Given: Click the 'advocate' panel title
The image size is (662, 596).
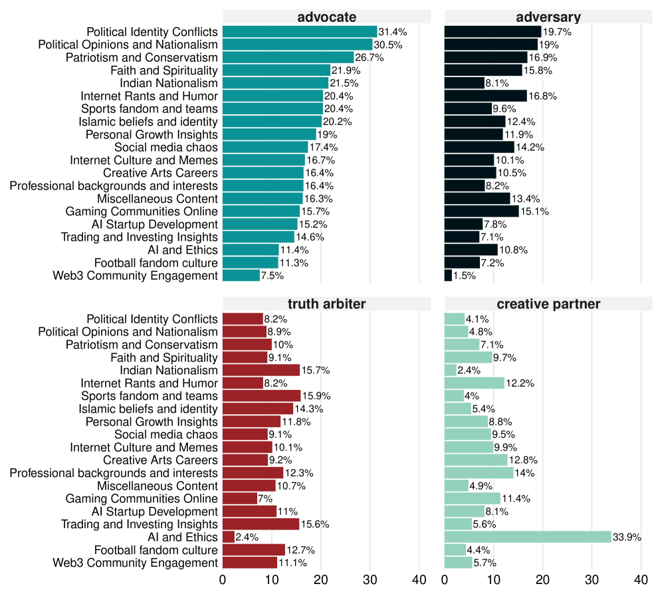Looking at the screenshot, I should [x=326, y=17].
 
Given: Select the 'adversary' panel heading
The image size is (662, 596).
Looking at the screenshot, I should [x=548, y=17].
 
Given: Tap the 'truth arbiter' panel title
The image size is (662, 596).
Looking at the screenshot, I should [x=326, y=304].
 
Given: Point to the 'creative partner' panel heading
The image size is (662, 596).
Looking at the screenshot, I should [x=548, y=304].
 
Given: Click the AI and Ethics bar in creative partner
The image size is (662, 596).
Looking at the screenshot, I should [x=528, y=537].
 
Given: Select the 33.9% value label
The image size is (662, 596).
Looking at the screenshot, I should [x=627, y=537].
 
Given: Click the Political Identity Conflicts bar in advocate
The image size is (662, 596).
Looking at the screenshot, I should [x=300, y=32].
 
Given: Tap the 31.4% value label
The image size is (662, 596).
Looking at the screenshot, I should [x=393, y=32].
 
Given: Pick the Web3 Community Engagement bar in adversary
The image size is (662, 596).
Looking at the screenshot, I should [x=448, y=276].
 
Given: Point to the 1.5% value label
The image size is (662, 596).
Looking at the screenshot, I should [x=465, y=276].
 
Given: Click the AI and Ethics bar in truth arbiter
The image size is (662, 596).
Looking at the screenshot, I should [x=229, y=537].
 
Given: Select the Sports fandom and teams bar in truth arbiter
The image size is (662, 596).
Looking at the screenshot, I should [x=262, y=396].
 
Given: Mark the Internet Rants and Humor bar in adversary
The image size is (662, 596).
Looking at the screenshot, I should [x=485, y=96].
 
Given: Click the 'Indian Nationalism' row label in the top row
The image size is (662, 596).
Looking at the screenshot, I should [x=168, y=83].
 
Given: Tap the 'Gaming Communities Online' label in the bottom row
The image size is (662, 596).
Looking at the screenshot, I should [x=141, y=498].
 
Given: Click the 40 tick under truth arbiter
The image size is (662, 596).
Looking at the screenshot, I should [x=419, y=580].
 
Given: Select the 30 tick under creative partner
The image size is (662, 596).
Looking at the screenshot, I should [x=592, y=580].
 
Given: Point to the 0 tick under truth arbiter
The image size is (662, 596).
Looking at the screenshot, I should [x=223, y=580].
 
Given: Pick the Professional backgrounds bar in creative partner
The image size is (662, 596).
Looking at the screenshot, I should [x=479, y=473].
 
